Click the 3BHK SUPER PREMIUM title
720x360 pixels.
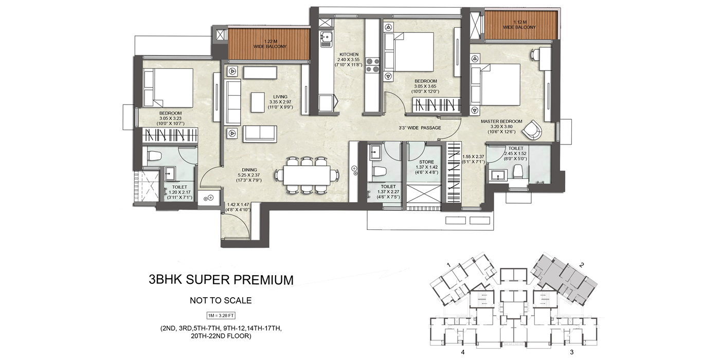click(x=221, y=280)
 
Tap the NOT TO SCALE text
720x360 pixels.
click(x=221, y=300)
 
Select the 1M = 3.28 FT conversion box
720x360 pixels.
click(x=221, y=315)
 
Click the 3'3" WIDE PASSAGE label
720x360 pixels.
click(x=420, y=128)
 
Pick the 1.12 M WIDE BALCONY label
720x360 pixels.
click(x=519, y=24)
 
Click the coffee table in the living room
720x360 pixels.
click(x=258, y=102)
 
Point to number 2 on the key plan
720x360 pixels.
click(x=582, y=265)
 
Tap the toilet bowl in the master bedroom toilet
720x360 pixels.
click(x=518, y=172)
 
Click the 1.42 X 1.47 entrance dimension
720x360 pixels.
click(x=239, y=207)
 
